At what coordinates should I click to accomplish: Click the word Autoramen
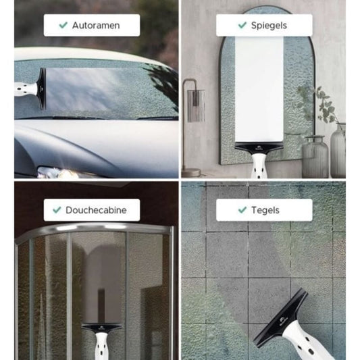coord(96,25)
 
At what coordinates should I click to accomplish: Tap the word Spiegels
coord(269,26)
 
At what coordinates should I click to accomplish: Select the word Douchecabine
coord(96,210)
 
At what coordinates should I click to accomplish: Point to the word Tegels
coord(265,210)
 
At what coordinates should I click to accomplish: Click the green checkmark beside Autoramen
coord(63,25)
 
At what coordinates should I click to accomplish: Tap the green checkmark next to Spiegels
coord(242,25)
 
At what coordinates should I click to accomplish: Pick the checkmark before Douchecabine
coord(57,209)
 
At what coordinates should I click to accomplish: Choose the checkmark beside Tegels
coord(242,209)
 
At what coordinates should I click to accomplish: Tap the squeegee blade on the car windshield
coord(43,88)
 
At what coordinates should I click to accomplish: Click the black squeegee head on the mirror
coord(259,148)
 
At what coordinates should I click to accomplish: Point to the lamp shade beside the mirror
coord(196,105)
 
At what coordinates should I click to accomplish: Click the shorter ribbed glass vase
coord(315,157)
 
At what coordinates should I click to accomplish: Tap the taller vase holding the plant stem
coord(338,151)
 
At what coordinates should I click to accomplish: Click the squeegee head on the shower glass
coord(102,327)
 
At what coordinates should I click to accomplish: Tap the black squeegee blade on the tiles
coord(280,318)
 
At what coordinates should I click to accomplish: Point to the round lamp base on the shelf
coord(190,173)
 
